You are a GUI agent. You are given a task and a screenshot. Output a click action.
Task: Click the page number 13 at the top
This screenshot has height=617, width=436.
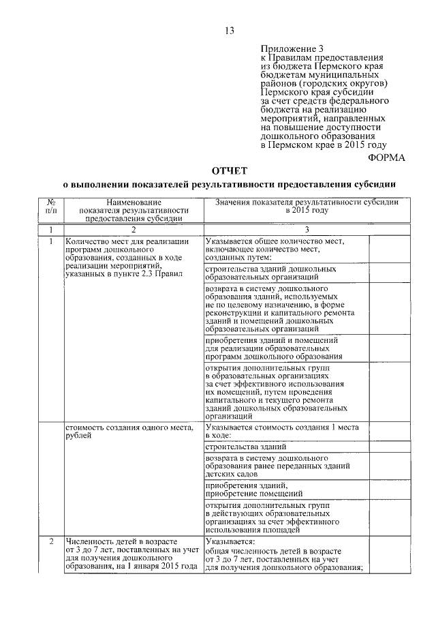(x=230, y=30)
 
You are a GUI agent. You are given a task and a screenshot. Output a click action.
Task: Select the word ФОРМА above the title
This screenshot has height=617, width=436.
(x=386, y=156)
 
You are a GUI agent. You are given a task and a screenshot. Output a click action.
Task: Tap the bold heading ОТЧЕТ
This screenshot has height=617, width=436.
(x=230, y=170)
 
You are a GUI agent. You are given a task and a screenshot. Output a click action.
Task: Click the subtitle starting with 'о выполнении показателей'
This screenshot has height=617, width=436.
(x=230, y=185)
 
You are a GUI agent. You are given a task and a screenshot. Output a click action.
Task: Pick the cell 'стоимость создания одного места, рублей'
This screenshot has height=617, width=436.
(x=129, y=431)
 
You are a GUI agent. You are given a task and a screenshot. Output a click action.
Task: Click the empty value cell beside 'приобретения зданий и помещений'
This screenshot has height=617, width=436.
(x=388, y=347)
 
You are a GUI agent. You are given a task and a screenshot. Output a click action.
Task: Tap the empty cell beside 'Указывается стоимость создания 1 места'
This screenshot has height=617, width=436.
(x=388, y=431)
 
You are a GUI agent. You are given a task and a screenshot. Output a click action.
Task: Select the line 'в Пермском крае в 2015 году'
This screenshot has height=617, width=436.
(x=323, y=145)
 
